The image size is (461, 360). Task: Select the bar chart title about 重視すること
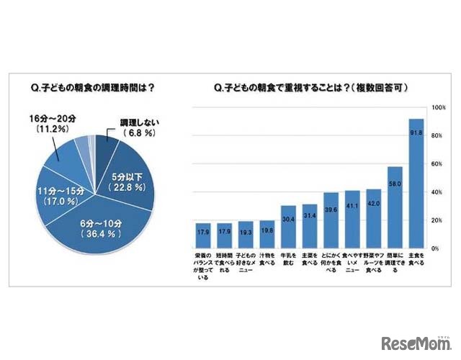coord(311,89)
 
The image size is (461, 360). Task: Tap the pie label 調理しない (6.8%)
coord(134,128)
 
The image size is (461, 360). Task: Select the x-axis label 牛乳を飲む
coord(288,257)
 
